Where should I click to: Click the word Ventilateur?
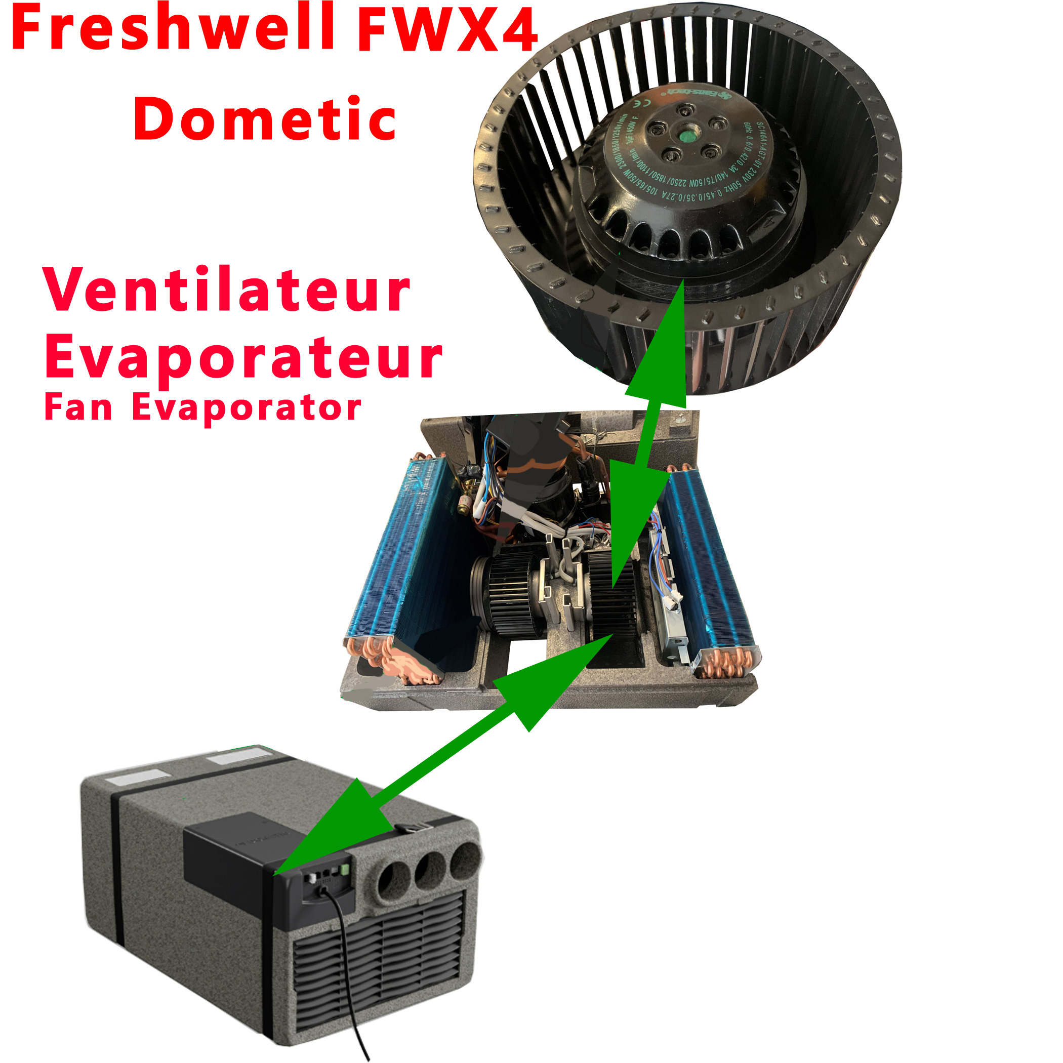(x=227, y=290)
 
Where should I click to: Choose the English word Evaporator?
(x=247, y=409)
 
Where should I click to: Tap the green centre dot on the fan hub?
(x=688, y=134)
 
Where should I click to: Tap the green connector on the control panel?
(x=345, y=869)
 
